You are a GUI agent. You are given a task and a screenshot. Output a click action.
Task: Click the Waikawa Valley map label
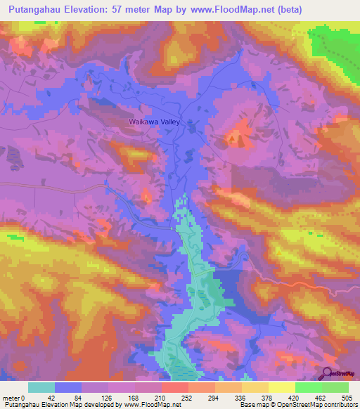point(155,122)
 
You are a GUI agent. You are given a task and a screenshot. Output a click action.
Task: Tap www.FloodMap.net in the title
point(236,9)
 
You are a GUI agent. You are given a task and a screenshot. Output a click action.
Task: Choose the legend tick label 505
point(347,397)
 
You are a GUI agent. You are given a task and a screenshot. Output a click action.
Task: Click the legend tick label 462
point(321,397)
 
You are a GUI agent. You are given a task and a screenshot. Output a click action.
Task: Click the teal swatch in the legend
point(41,387)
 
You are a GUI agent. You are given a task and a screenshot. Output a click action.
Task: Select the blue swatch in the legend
point(68,387)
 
